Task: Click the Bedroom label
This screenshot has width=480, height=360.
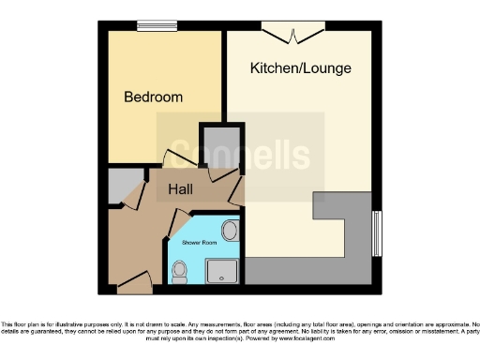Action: tap(154, 97)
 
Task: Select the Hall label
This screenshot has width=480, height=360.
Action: tap(181, 190)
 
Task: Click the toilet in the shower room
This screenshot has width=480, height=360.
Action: tap(179, 271)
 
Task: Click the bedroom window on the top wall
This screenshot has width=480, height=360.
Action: tap(157, 25)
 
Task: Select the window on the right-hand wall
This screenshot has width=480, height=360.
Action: tap(378, 232)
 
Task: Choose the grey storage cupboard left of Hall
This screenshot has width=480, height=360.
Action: tap(119, 187)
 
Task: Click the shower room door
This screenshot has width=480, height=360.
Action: tap(176, 223)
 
